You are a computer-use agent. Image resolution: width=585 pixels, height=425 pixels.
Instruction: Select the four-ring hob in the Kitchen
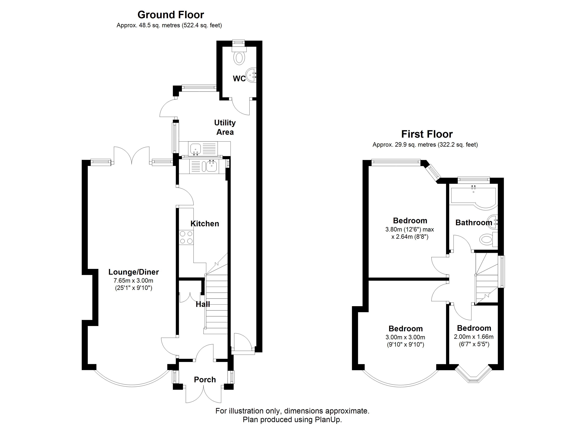point(186,237)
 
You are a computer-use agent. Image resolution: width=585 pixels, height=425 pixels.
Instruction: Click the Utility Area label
point(225,127)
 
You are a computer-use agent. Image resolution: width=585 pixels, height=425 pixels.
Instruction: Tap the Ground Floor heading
point(171,15)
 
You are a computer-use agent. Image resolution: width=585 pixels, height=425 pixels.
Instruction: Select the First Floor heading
point(427,134)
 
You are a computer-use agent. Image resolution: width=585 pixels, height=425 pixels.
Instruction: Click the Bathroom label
point(474,222)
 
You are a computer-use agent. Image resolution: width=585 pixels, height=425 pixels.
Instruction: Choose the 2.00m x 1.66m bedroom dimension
point(474,337)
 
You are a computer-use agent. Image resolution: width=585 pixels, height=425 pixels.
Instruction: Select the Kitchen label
point(205,223)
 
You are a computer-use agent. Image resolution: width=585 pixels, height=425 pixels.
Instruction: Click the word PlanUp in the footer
point(328,420)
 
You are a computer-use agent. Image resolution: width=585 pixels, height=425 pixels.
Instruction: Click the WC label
point(239,79)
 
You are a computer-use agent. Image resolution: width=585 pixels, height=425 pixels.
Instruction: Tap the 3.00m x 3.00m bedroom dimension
point(405,337)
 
